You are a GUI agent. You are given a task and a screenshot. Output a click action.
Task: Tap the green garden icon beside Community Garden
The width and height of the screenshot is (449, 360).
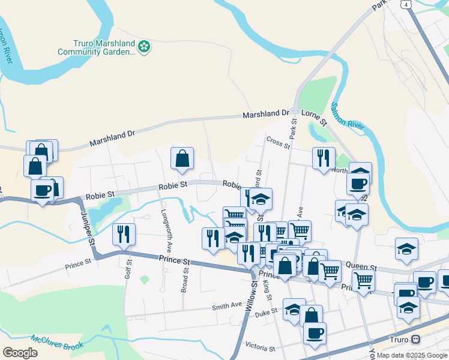point(143,46)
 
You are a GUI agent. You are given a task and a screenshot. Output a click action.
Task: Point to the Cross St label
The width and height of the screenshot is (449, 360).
point(278,142)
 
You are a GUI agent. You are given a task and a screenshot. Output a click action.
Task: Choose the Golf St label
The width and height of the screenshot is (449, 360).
point(128,269)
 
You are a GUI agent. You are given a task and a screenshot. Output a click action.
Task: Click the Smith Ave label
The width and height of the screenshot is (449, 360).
point(226,307)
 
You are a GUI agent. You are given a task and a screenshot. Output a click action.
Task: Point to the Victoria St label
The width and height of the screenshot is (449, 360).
point(260,347)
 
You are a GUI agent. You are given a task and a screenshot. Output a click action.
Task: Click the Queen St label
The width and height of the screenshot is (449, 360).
point(365,267)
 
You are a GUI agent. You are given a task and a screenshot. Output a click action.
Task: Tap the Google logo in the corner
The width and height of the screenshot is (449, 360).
point(20,353)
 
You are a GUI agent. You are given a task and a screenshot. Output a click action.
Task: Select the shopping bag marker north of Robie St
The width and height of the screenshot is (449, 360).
point(182,159)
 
